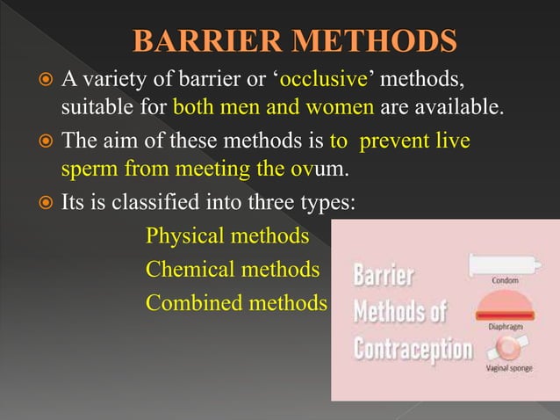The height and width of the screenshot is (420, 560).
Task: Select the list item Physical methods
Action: point(227,235)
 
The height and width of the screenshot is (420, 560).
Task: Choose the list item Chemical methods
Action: point(233,269)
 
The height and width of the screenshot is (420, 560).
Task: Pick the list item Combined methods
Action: point(236,302)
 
